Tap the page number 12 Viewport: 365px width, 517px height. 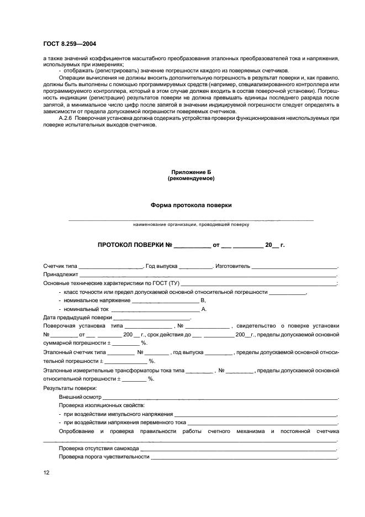tap(46, 472)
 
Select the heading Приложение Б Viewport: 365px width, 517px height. tap(191, 172)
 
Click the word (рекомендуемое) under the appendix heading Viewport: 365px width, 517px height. tap(191, 178)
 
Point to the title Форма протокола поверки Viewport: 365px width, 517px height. tap(191, 205)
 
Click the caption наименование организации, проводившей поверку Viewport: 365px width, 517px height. tap(191, 225)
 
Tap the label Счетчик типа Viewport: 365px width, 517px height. tap(60, 266)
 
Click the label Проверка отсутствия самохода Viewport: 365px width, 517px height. tap(98, 449)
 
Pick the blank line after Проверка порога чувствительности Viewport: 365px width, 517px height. tap(243, 457)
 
